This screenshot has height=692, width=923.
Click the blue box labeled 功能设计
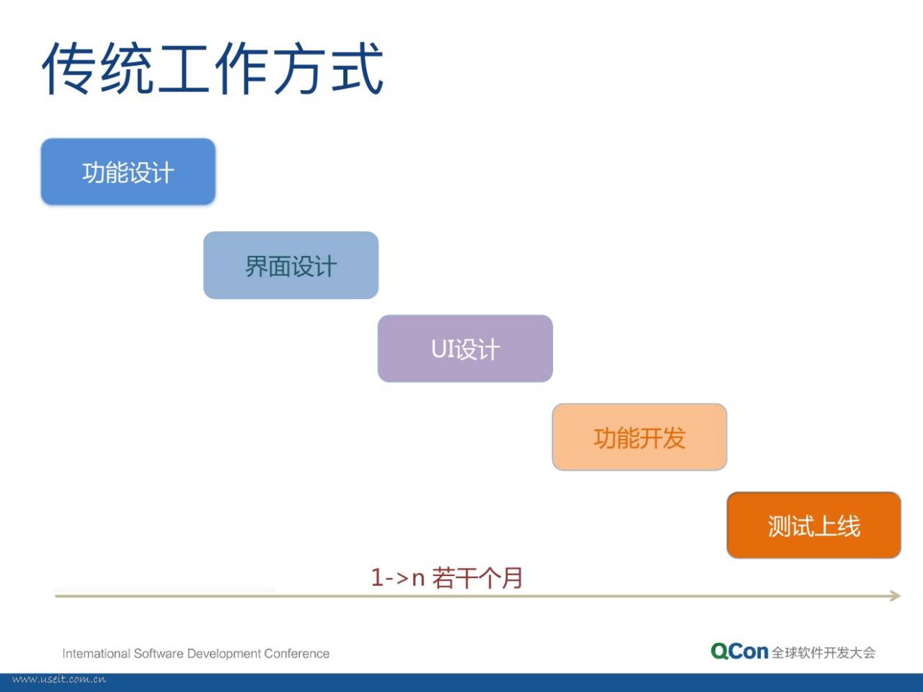[x=128, y=172]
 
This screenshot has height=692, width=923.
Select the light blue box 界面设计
[x=291, y=265]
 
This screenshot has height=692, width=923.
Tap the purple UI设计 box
[x=465, y=348]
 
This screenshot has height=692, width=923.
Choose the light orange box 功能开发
[x=640, y=437]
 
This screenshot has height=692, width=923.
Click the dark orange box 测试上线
[x=814, y=525]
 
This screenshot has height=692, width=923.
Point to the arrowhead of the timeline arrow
[x=898, y=595]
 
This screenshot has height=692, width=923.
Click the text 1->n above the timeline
[x=398, y=577]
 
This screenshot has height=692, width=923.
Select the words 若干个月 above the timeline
[x=477, y=577]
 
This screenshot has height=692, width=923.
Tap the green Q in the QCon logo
[x=720, y=652]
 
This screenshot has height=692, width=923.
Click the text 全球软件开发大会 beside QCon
[x=823, y=652]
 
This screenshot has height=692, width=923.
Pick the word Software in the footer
[x=159, y=653]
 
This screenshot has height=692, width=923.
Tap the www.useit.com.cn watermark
[x=59, y=679]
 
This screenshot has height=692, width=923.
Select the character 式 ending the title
[x=357, y=67]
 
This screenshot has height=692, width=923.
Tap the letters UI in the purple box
[x=443, y=349]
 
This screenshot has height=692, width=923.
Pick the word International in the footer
[x=97, y=653]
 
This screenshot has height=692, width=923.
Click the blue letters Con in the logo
[x=749, y=652]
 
